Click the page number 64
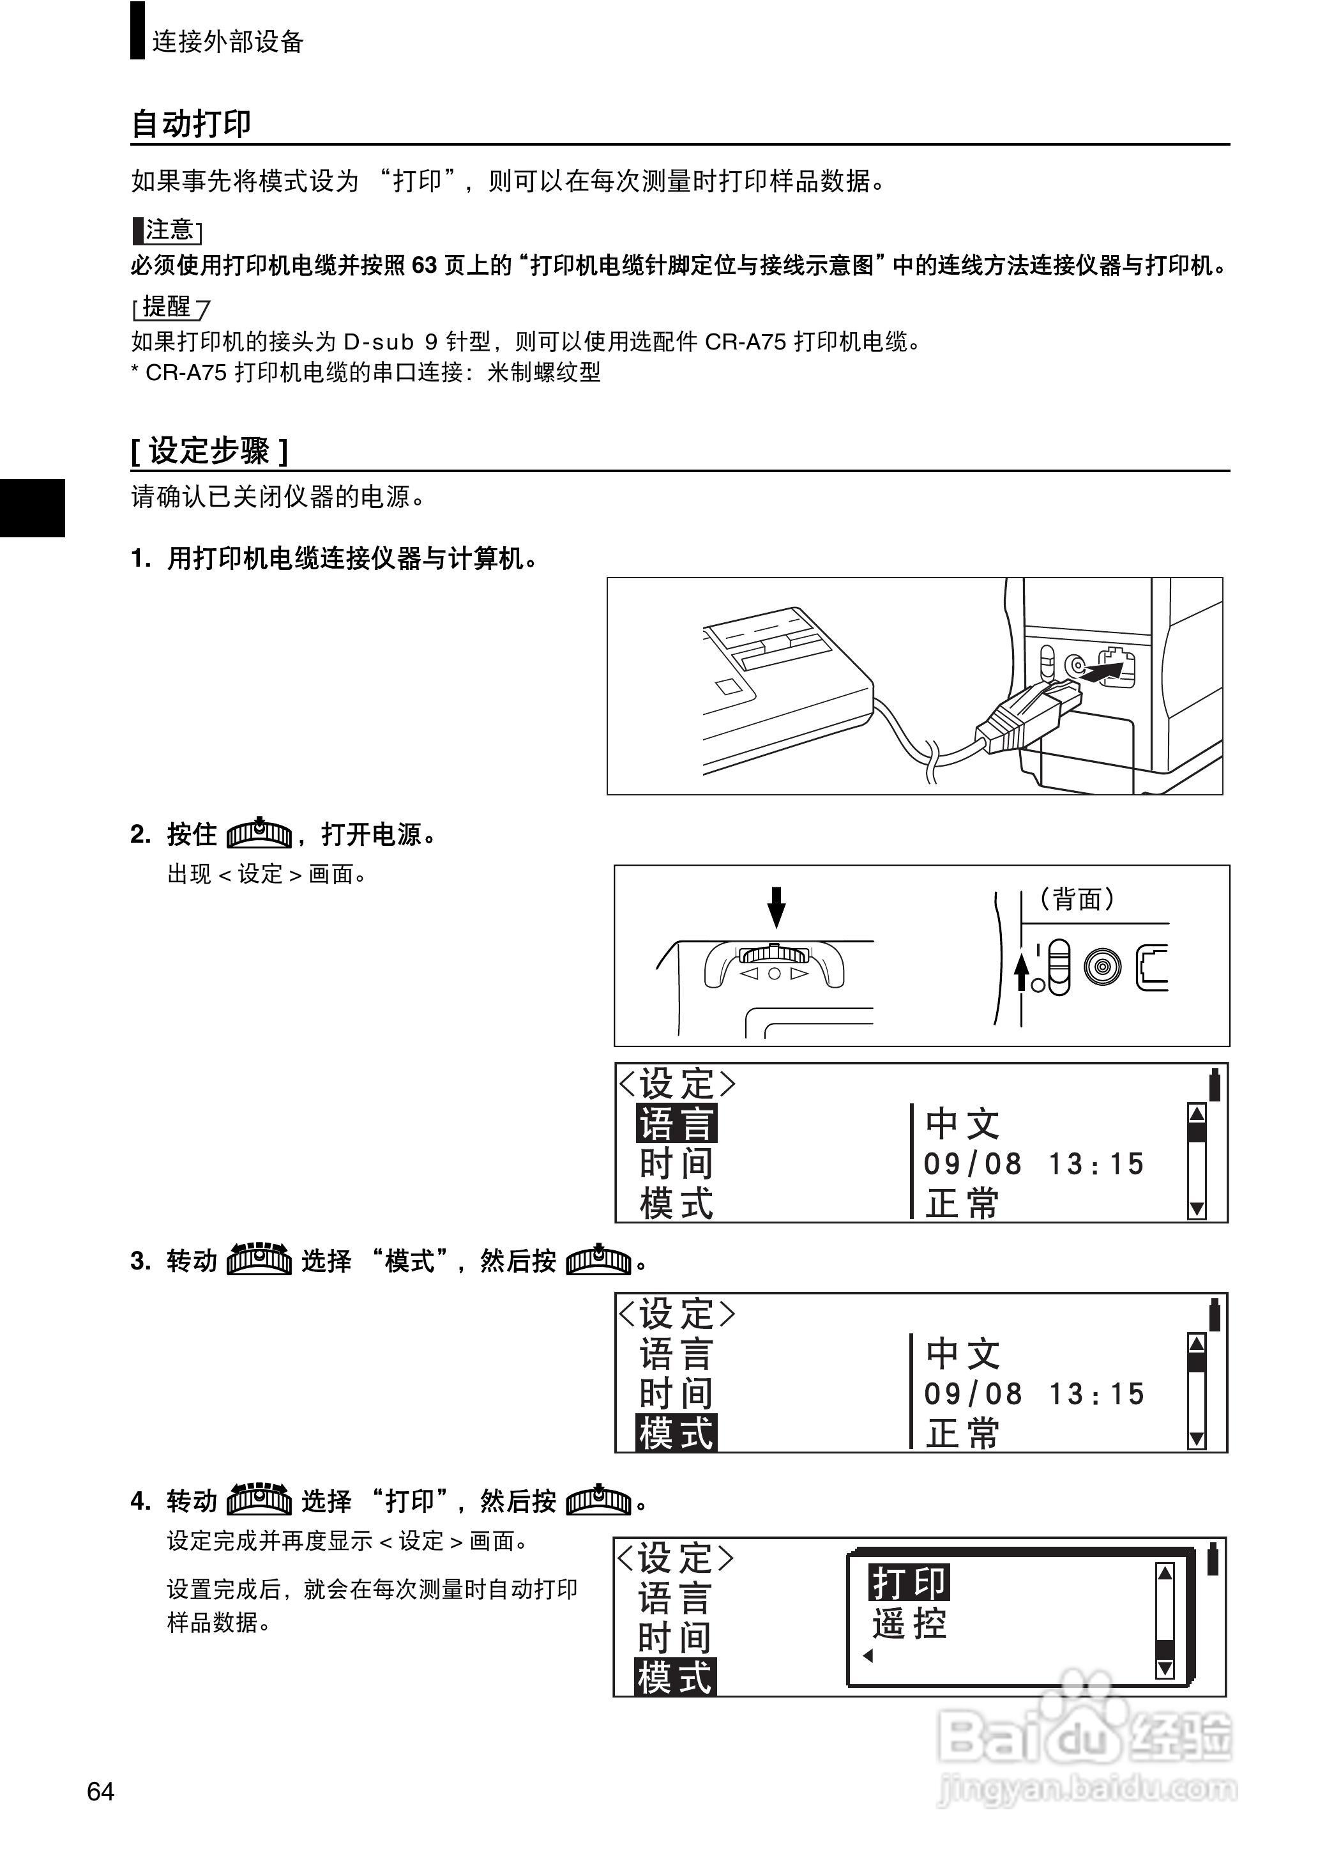(101, 1791)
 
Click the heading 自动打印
(192, 124)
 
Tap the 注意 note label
(168, 231)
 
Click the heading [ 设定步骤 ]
(209, 451)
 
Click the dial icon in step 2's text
(259, 833)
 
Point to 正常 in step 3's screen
(962, 1434)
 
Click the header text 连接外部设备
(227, 42)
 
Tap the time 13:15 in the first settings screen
(1096, 1164)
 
